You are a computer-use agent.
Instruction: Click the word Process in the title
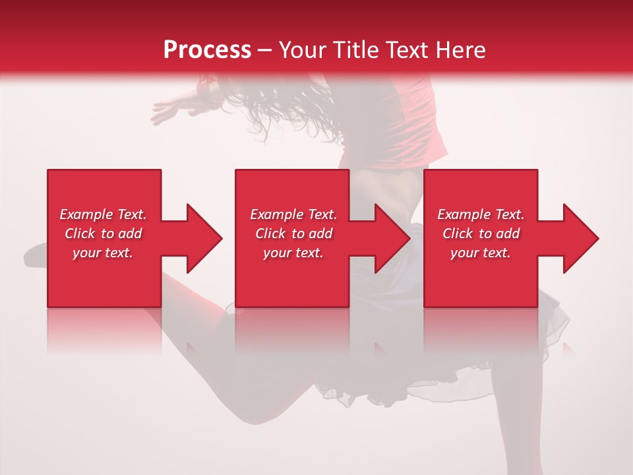pos(207,49)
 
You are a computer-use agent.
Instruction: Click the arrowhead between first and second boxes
pos(200,238)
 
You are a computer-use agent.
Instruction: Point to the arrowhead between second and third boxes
pos(389,238)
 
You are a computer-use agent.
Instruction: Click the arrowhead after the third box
pos(578,238)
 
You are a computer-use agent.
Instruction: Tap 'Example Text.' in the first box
pos(103,214)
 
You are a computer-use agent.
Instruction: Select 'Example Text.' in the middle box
pos(293,214)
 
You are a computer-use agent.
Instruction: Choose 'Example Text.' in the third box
pos(481,214)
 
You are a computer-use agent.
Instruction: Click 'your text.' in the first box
pos(103,253)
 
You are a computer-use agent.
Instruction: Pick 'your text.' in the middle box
pos(293,253)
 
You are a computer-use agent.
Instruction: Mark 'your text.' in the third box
pos(481,253)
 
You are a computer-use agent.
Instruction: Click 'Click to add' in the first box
pos(103,234)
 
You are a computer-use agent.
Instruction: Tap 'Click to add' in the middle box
pos(293,234)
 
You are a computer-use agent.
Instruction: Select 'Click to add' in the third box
pos(481,234)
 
